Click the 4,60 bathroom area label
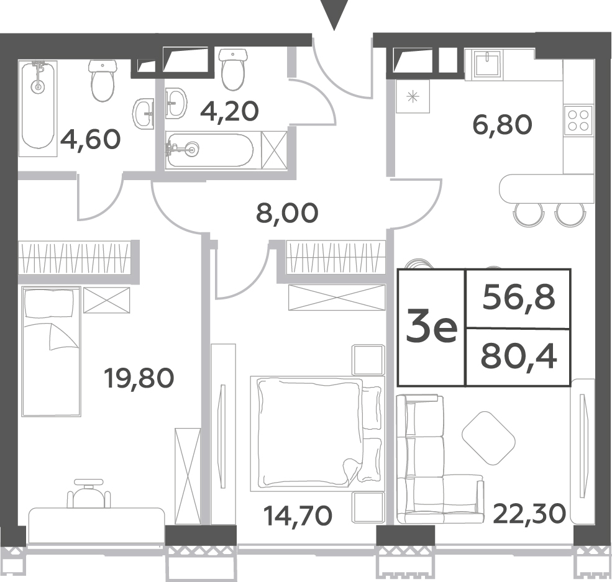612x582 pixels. tap(90, 140)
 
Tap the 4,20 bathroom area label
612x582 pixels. tap(229, 112)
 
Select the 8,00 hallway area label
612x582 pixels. tap(287, 214)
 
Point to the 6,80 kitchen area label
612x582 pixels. tap(502, 125)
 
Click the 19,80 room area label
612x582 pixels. tap(139, 378)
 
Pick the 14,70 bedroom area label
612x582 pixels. tap(298, 515)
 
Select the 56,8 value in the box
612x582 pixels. tap(518, 298)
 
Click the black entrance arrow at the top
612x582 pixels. tap(334, 15)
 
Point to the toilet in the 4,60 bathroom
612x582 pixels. tap(103, 81)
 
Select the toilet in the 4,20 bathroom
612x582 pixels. tap(234, 69)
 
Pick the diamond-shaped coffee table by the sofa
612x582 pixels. tap(488, 438)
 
